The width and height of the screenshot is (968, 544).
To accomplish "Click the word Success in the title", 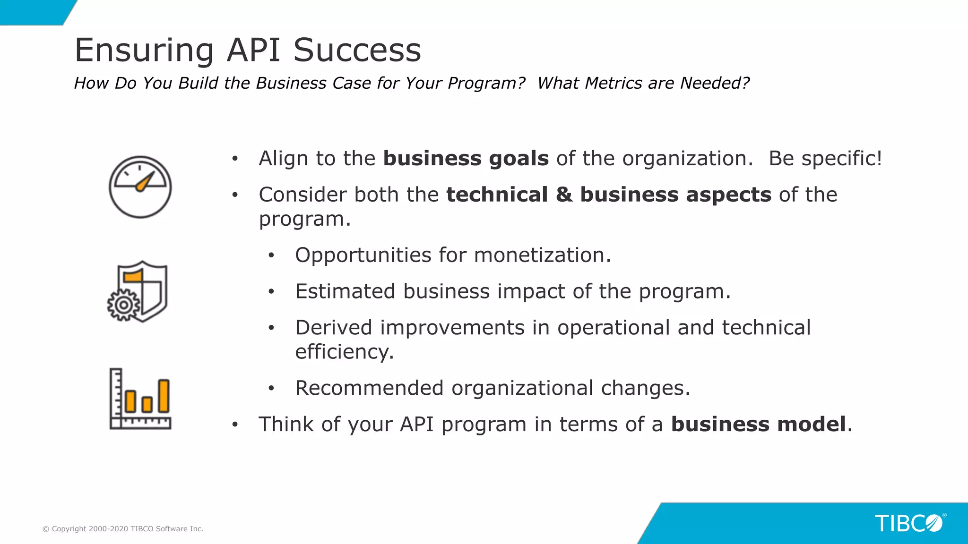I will coord(357,50).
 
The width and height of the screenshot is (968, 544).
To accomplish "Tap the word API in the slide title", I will coord(253,50).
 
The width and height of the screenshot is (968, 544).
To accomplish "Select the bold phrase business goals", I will coord(466,158).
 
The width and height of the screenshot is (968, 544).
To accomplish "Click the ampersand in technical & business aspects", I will coord(564,195).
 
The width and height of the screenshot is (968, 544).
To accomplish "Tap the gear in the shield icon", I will coord(123,305).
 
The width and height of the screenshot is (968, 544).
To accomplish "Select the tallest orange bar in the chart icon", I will coord(164,396).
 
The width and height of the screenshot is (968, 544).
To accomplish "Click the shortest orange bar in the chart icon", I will coord(147,404).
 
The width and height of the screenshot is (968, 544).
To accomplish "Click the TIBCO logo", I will coord(909,523).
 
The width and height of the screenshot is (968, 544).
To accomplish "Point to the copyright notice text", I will coord(123,529).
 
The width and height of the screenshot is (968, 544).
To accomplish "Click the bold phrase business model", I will coord(758,424).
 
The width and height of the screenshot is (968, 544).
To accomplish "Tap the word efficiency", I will coord(344,352).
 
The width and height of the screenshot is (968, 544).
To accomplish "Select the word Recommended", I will coord(369,388).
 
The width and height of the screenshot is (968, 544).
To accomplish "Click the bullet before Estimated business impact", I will coord(271,291).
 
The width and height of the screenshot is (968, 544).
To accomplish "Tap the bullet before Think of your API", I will coord(235,424).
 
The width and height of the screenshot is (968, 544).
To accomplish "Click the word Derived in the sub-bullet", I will coord(334,328).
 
